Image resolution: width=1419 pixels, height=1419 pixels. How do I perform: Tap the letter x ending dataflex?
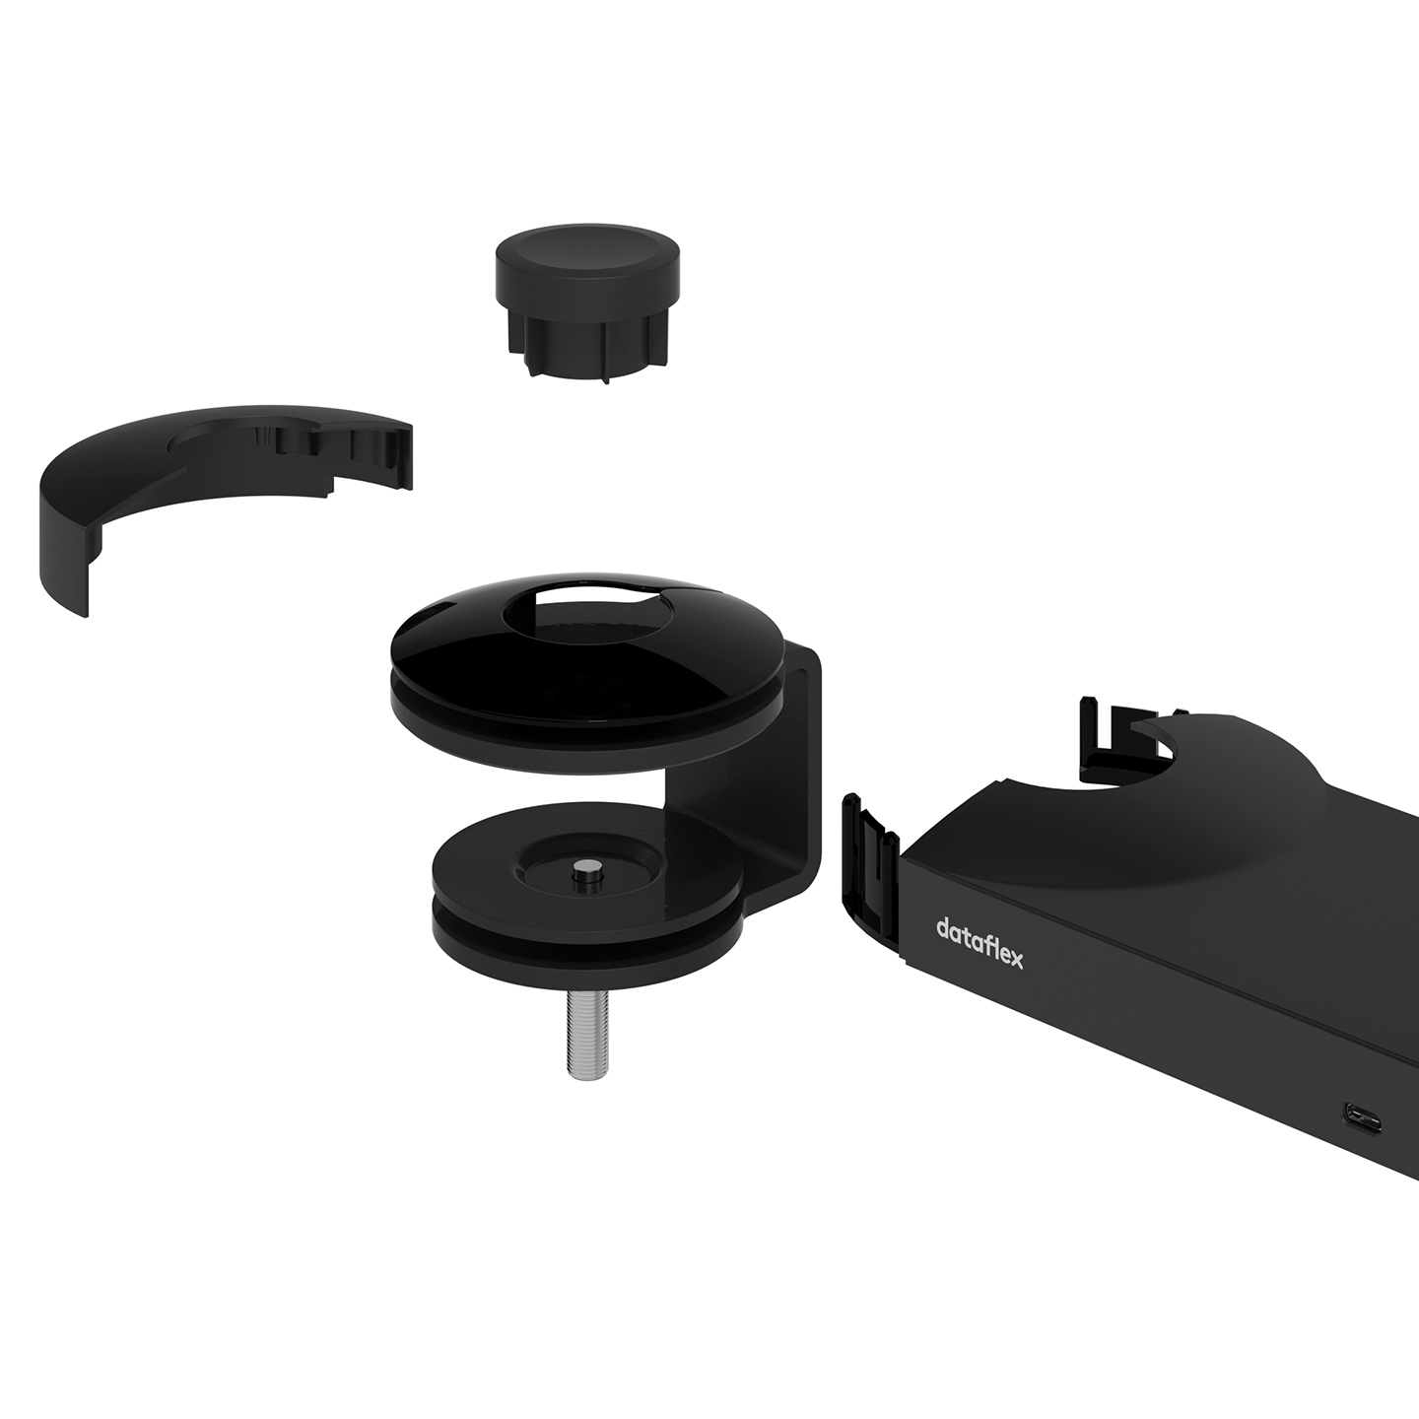click(x=1015, y=960)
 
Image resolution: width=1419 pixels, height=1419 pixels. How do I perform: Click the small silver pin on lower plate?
click(x=586, y=878)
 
